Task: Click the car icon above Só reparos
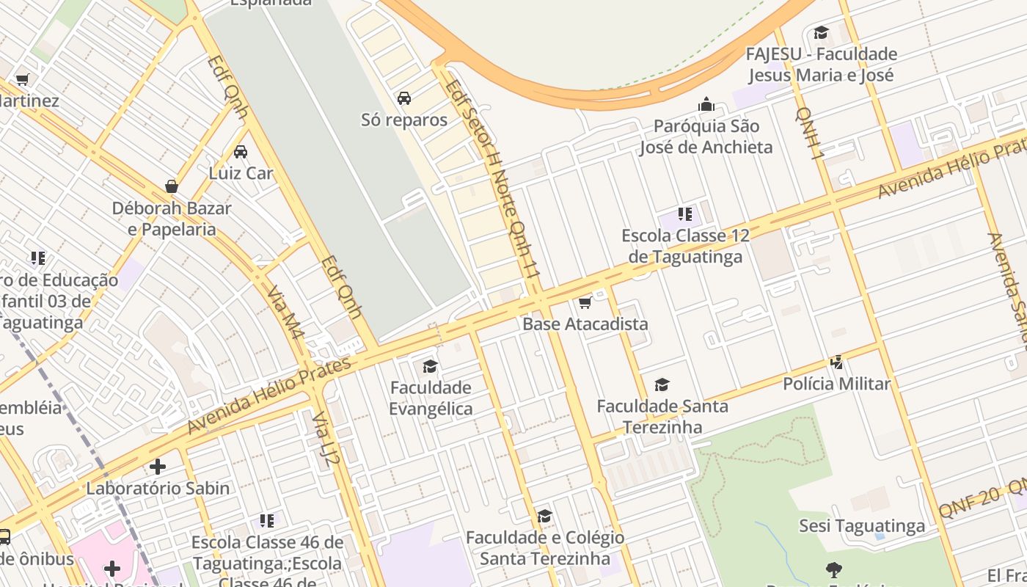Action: [x=404, y=98]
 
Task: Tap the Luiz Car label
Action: [x=241, y=173]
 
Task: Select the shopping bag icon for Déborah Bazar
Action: [x=172, y=186]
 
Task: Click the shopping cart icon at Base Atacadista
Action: [x=585, y=302]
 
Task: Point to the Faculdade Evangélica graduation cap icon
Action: [x=430, y=366]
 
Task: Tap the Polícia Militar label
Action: [x=836, y=384]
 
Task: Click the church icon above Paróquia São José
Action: [x=706, y=104]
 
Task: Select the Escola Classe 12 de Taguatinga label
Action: [x=686, y=246]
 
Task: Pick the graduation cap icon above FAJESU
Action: [x=821, y=33]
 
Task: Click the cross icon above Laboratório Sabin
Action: [x=158, y=467]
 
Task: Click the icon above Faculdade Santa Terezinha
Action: [x=662, y=384]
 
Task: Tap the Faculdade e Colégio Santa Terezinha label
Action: [x=545, y=547]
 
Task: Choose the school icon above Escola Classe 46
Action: [x=267, y=521]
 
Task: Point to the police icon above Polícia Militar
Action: [x=836, y=362]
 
